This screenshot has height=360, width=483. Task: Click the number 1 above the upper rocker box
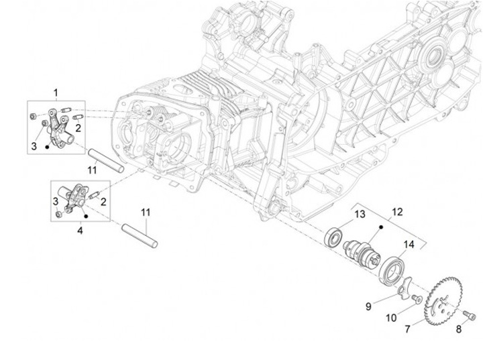56,92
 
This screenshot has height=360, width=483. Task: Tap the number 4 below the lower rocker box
80,231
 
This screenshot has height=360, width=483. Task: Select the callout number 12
397,212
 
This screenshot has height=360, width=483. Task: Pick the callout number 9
368,306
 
